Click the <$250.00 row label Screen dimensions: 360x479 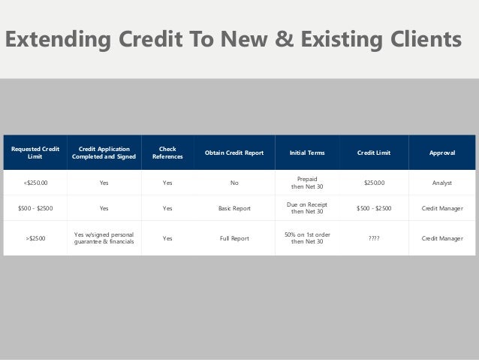coord(35,181)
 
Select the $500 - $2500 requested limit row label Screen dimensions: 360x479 coord(35,207)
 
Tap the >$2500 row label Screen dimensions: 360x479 coord(35,238)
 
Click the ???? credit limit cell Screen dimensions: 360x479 coord(373,238)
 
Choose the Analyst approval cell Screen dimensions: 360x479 coord(441,181)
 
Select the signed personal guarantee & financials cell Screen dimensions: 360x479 coord(104,238)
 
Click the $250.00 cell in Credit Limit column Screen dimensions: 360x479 coord(373,181)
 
